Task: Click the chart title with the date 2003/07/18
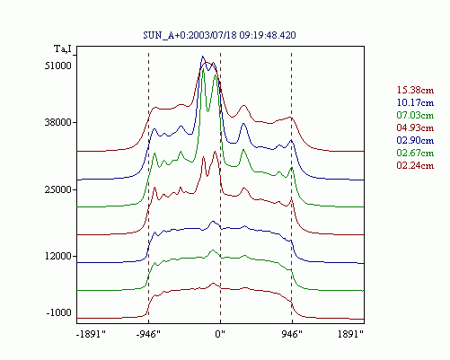[219, 35]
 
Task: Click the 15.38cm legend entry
[415, 90]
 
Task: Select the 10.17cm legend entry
[415, 102]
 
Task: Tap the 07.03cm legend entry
[415, 115]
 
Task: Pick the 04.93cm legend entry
[415, 127]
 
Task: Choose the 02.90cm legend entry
[415, 140]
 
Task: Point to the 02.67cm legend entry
[415, 153]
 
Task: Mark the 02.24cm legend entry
[415, 165]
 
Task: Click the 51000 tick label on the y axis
[58, 66]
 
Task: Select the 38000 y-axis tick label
[58, 122]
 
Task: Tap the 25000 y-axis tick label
[58, 189]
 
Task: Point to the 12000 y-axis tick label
[58, 256]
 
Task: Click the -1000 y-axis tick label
[59, 312]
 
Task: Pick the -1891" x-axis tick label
[91, 334]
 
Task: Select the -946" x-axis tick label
[148, 334]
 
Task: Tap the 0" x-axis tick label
[220, 334]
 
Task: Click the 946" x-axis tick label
[292, 334]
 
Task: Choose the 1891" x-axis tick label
[350, 334]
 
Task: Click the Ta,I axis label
[63, 48]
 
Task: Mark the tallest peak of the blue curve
[203, 57]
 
